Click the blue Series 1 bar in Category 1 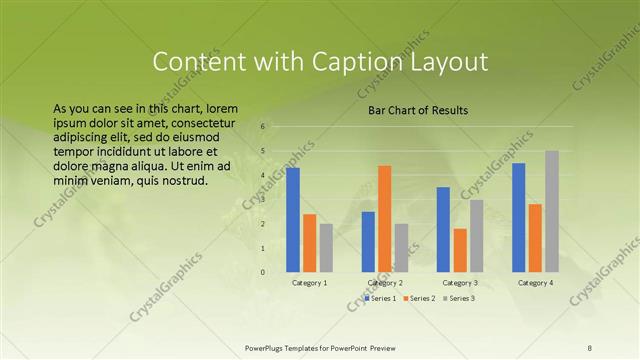coord(293,220)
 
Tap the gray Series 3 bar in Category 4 coord(552,211)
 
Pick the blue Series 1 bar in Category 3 coord(443,229)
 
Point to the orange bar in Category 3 coord(459,250)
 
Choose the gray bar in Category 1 coord(326,247)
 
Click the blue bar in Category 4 coord(518,217)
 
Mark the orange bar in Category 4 coord(535,238)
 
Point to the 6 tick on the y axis coord(262,127)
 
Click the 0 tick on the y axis coord(262,272)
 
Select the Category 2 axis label coord(384,283)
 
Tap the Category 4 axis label coord(535,283)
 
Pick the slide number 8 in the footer coord(590,347)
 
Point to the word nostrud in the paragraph coord(184,181)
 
